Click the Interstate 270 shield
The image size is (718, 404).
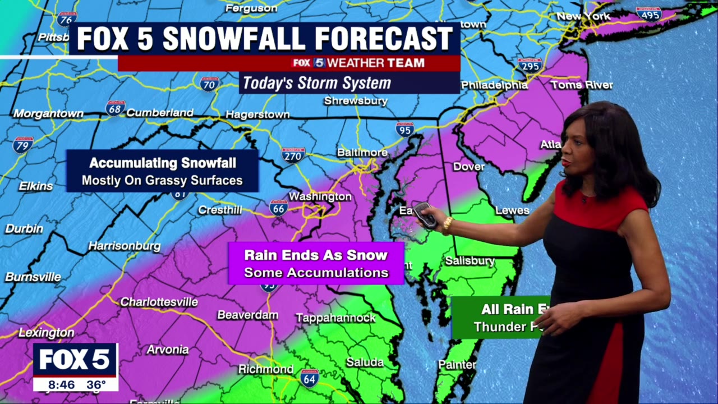(293, 154)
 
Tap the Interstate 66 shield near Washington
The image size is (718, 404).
(278, 208)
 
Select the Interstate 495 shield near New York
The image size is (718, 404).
(649, 14)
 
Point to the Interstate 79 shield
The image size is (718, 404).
(23, 145)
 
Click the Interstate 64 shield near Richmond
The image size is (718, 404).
(309, 377)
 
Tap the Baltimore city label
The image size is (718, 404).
(362, 153)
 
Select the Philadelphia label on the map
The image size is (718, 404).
(494, 85)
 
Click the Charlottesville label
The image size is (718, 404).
(159, 302)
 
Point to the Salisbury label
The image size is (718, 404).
(470, 261)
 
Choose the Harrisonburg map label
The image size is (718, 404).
(124, 246)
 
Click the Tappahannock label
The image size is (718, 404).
(335, 318)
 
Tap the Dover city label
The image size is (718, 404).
(468, 167)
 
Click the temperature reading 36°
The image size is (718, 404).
(96, 385)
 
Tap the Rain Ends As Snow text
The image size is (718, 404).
(316, 255)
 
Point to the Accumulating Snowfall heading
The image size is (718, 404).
(163, 163)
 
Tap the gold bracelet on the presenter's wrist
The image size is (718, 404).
(447, 224)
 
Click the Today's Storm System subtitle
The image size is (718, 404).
(317, 83)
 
